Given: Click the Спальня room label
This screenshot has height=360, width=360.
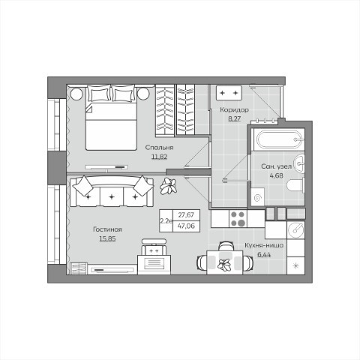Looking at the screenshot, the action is point(159,148).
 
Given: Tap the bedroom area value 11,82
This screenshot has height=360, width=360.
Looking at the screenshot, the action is point(159,157).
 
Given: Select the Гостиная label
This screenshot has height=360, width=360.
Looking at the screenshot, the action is point(107,229).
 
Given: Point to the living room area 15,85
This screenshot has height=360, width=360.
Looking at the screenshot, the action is point(107,238).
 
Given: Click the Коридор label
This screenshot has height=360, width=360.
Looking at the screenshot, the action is point(234,109).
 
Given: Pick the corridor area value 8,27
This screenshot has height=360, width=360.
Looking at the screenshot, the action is point(235,119).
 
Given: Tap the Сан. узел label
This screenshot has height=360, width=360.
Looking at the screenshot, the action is point(277,166).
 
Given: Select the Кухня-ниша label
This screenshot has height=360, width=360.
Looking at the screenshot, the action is point(264,245).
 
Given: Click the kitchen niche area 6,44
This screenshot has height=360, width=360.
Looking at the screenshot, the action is point(264,255).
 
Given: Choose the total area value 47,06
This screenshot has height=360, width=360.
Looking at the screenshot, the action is point(186,226).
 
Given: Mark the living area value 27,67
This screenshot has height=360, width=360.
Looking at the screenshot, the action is point(186,214).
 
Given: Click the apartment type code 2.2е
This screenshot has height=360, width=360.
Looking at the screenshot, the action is point(166,220).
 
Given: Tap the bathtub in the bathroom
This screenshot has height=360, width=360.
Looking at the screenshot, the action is point(277,139).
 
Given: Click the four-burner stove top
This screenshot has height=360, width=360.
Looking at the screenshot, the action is point(238,218).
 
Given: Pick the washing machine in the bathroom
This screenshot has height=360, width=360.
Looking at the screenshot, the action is point(257,197).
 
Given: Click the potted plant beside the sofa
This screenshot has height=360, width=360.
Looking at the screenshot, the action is point(169,186).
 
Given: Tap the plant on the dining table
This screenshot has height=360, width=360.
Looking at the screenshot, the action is point(224,265).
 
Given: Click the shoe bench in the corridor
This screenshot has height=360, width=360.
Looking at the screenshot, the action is point(229,93).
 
